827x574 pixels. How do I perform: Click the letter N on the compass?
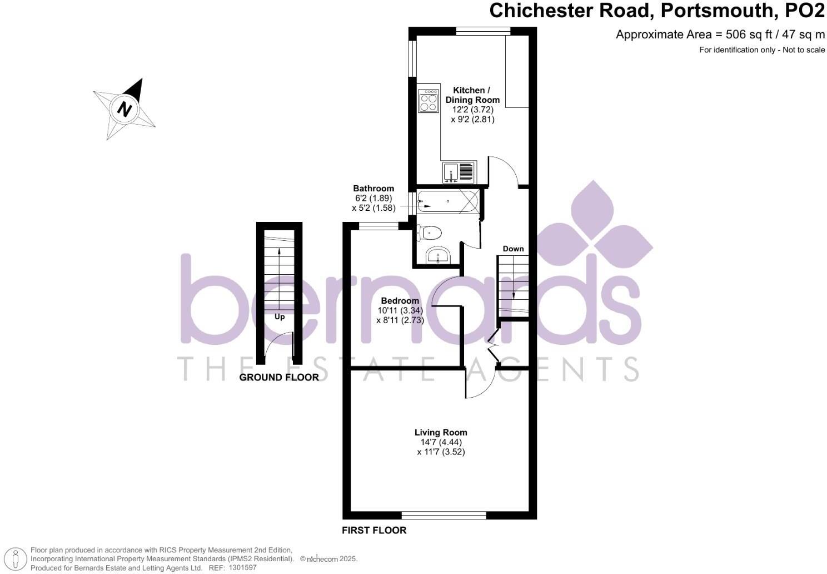[125, 108]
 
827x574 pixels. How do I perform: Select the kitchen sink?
[459, 172]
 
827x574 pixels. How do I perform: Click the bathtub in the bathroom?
[447, 201]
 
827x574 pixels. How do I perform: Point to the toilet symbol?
[430, 232]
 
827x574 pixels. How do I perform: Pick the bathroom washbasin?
[439, 256]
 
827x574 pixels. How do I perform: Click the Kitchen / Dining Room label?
[472, 95]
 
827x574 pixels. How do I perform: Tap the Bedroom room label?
[400, 301]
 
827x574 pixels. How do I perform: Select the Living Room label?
[441, 432]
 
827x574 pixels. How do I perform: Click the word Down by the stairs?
[513, 249]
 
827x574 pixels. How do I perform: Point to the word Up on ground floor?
[280, 317]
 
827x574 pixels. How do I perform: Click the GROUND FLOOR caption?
[279, 378]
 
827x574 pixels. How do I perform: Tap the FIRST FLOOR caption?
[374, 530]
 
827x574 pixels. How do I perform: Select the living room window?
[444, 515]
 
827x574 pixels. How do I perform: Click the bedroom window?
[378, 225]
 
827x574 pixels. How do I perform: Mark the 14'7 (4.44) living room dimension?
[441, 442]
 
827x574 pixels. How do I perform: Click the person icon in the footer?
[17, 558]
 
